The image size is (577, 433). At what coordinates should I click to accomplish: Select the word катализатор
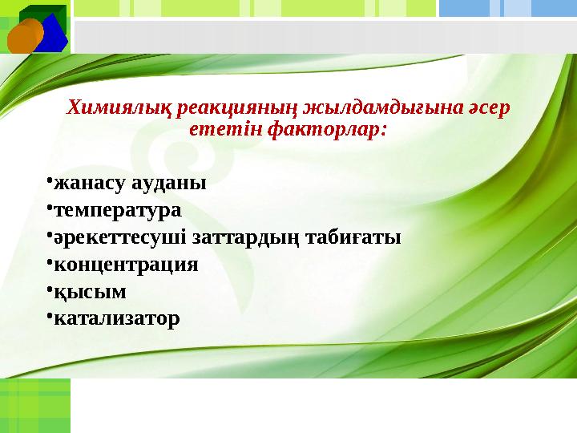point(116,319)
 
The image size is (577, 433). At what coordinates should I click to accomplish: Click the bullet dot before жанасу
point(49,181)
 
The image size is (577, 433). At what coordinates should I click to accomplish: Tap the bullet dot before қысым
point(49,290)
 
